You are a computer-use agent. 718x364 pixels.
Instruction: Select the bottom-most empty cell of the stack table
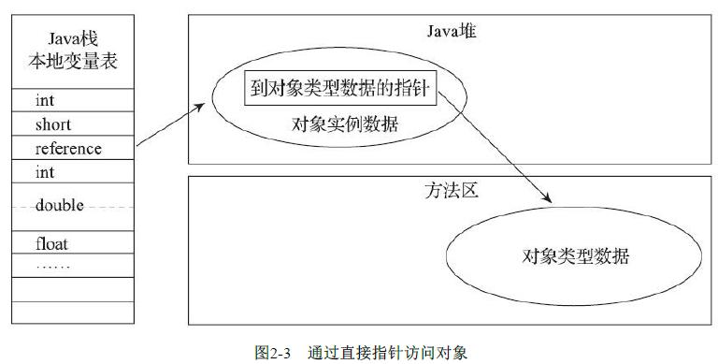click(72, 313)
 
